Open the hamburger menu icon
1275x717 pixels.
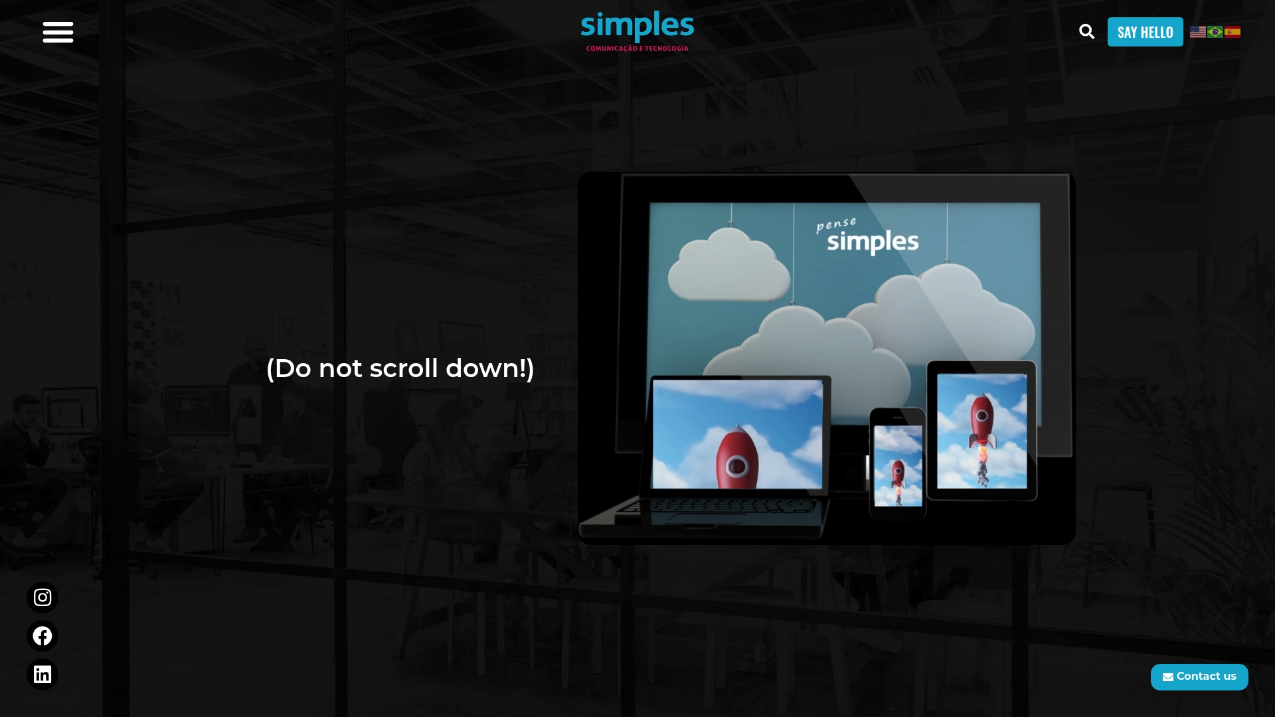pos(58,32)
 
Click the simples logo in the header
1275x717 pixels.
pos(637,27)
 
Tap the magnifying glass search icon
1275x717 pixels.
pos(1086,32)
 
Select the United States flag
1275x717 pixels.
pos(1197,32)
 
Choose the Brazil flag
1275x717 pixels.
pos(1215,32)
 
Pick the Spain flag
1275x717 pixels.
pos(1232,32)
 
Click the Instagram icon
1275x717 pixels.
pos(42,597)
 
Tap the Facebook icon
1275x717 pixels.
pos(42,636)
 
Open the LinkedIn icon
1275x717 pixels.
pos(42,675)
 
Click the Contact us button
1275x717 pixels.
pos(1199,677)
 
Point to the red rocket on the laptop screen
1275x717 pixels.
pos(737,458)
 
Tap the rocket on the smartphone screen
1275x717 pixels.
pos(898,474)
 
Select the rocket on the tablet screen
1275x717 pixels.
pos(981,425)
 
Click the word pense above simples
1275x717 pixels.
pos(836,224)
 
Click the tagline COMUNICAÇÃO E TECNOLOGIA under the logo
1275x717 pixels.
pos(637,48)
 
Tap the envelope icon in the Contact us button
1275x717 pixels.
pos(1168,677)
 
